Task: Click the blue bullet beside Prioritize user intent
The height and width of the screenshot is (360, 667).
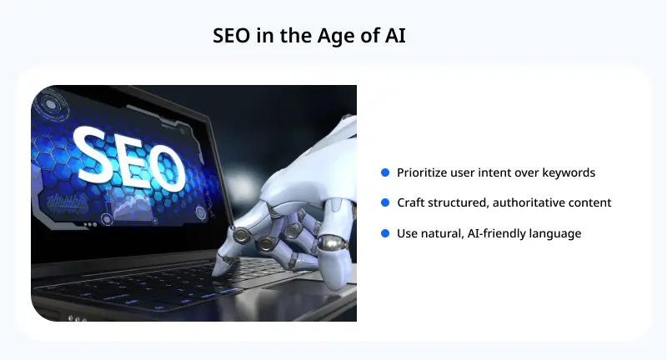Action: [385, 172]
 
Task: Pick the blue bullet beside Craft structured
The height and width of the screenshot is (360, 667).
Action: [385, 202]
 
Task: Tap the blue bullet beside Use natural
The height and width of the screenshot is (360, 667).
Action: [385, 233]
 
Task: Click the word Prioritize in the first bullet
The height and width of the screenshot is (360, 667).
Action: [424, 172]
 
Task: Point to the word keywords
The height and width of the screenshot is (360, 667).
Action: [567, 172]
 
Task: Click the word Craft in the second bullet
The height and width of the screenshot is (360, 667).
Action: [412, 202]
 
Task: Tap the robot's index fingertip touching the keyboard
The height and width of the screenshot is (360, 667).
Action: [219, 268]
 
